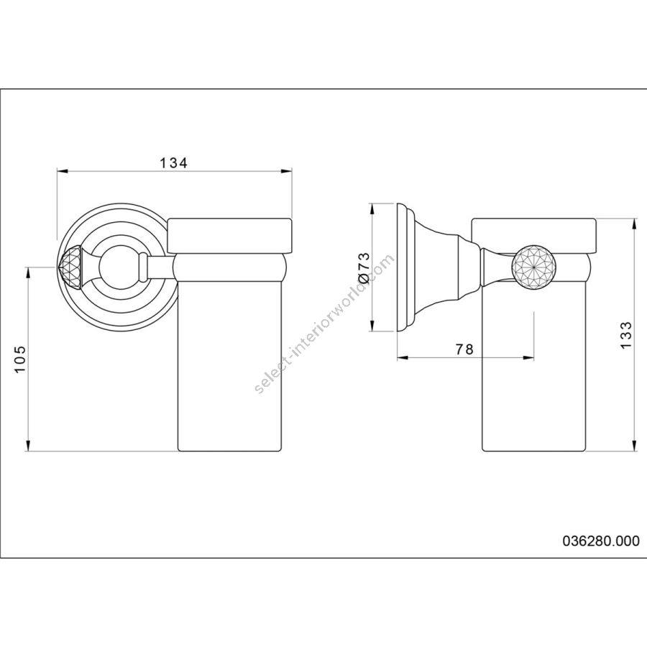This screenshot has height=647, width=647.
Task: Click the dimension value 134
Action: point(173,163)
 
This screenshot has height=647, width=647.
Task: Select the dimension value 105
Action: point(20,359)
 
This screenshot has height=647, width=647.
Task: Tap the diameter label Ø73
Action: point(364,268)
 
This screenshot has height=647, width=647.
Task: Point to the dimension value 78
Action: point(464,349)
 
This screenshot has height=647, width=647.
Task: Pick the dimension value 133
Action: point(626,335)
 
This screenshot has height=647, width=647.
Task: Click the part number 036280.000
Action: point(601,541)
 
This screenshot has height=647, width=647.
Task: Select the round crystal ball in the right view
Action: point(533,267)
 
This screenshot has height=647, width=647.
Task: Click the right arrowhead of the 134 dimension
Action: point(287,171)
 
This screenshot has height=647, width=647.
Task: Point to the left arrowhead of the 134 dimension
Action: point(62,171)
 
